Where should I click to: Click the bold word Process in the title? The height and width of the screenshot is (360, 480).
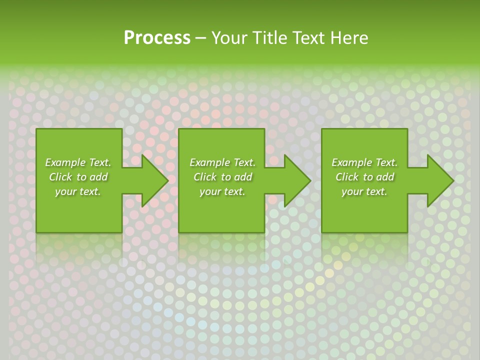point(157,38)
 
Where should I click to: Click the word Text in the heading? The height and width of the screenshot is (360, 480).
point(309,38)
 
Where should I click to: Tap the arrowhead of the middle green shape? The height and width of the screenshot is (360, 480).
point(296,180)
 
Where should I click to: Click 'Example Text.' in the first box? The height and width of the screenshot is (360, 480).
point(78,162)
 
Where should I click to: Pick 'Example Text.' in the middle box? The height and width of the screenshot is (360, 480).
point(222,162)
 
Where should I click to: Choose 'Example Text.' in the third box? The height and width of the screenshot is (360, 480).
point(364,162)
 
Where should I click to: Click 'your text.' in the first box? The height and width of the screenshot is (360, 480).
point(78,191)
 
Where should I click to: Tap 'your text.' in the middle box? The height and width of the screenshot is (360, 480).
point(222,191)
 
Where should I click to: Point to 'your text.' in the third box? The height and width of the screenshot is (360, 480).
point(364,191)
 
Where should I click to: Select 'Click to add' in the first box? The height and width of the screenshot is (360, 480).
point(78,177)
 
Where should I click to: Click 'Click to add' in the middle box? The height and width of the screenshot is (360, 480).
point(222,177)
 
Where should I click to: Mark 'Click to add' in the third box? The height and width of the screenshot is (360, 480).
point(364,177)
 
